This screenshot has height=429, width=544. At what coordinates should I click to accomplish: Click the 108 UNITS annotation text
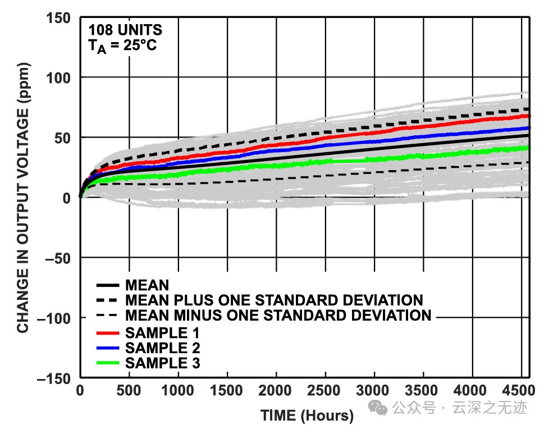click(125, 30)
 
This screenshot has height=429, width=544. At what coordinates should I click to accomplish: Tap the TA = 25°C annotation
click(122, 46)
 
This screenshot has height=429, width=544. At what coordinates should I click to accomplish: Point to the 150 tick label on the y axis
click(60, 17)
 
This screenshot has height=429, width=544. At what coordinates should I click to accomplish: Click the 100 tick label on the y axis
click(60, 77)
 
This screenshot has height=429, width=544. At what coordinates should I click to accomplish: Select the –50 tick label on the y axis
click(56, 258)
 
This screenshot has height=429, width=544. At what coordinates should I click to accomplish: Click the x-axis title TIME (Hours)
click(307, 416)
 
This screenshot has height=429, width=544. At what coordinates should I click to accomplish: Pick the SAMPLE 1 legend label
click(162, 332)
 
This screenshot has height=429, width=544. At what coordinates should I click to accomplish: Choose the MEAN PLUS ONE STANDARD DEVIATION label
click(274, 300)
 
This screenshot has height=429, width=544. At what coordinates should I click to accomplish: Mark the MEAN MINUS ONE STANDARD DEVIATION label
click(278, 315)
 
